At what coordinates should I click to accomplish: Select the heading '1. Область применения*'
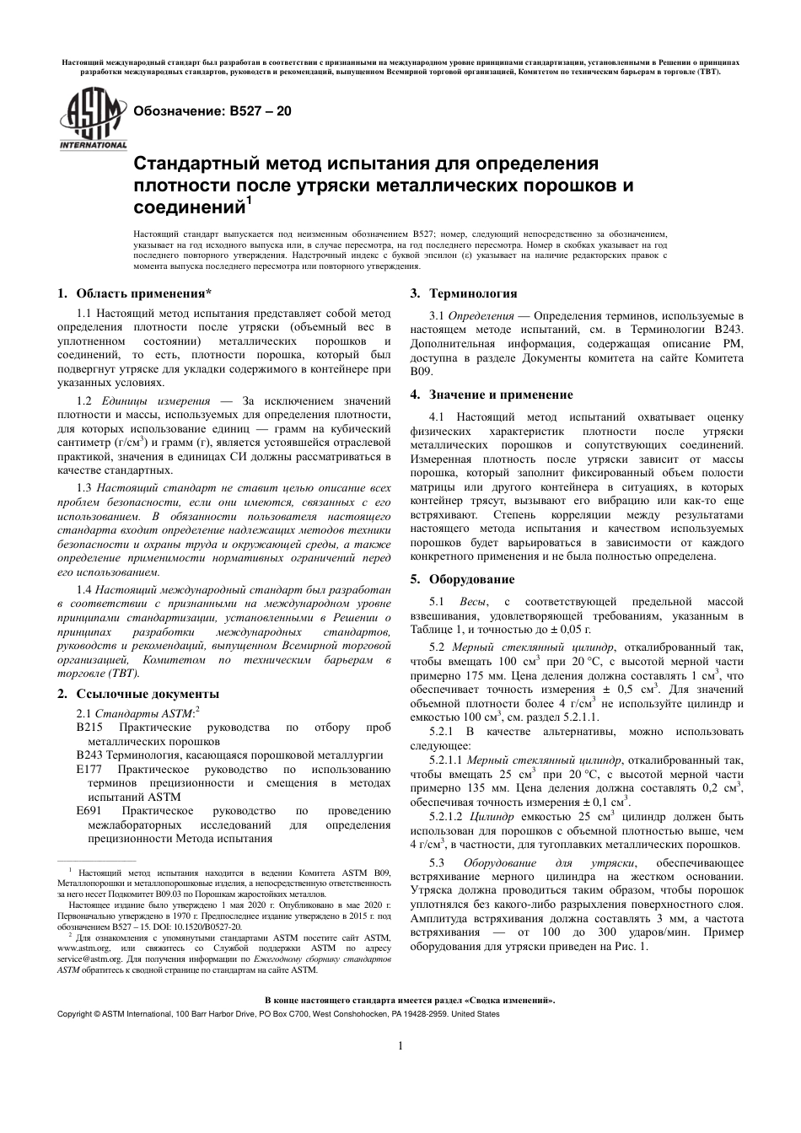point(134,294)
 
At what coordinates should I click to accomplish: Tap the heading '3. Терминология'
point(464,293)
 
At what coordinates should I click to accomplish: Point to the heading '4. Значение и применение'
point(492,395)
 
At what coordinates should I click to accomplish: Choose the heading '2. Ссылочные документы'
point(137,694)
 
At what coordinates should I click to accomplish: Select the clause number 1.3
point(83,488)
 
